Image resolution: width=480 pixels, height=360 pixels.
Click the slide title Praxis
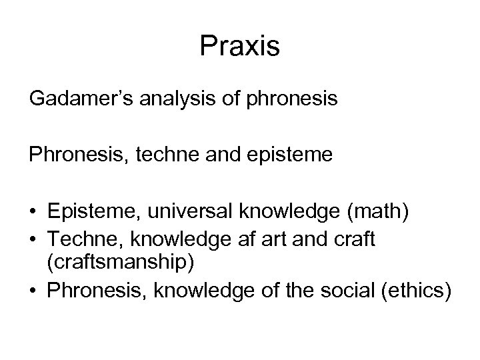240,46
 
